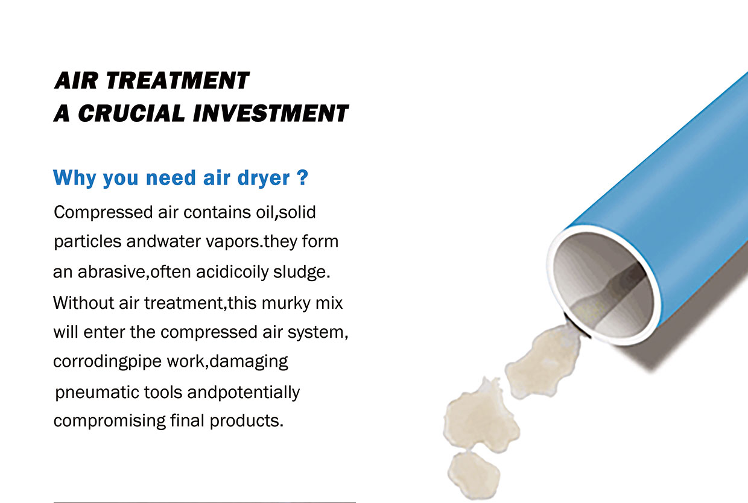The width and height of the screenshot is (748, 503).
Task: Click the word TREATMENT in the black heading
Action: [177, 80]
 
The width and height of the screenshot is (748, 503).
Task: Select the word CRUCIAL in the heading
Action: [132, 113]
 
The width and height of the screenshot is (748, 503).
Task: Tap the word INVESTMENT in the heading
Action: [270, 113]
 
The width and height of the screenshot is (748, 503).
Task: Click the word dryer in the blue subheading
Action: [264, 178]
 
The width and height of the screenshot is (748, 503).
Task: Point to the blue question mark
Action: [302, 177]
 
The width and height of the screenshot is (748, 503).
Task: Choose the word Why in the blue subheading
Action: [74, 177]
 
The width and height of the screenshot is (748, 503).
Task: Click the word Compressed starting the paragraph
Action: [103, 213]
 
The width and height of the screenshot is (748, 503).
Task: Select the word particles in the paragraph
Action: [87, 242]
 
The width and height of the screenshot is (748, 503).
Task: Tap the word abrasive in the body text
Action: [112, 271]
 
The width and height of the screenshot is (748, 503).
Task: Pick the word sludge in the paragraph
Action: [302, 271]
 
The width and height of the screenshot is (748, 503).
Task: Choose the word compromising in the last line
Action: [110, 420]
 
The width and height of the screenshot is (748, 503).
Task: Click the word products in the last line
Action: [247, 420]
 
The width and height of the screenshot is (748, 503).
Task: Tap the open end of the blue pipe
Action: [603, 285]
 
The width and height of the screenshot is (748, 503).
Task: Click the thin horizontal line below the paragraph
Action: [204, 502]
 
